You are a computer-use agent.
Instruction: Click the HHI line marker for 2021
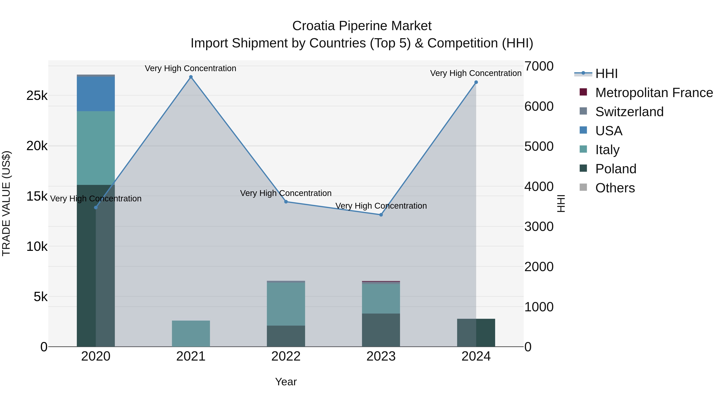tap(191, 77)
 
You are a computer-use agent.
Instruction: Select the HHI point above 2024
tap(476, 82)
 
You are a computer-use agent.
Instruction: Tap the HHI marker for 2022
tap(286, 202)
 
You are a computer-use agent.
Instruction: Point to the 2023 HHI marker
tap(381, 215)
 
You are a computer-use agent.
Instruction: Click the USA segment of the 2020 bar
tap(96, 94)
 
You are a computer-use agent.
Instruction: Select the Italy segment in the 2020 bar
tap(96, 148)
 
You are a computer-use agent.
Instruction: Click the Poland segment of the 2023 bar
tap(381, 330)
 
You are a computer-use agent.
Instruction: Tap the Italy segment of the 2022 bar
tap(286, 304)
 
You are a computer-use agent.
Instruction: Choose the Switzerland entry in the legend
tap(629, 112)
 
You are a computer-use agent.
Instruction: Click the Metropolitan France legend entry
tap(654, 93)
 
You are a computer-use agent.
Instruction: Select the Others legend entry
tap(615, 188)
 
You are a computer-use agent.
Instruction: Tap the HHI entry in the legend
tap(606, 74)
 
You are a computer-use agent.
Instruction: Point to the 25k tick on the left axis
tap(37, 96)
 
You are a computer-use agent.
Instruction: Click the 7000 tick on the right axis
tap(539, 66)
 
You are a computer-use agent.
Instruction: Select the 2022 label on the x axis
tap(286, 356)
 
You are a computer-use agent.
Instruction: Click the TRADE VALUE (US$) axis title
tap(6, 203)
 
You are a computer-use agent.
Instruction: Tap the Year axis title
tap(286, 382)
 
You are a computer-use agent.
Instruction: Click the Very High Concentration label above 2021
tap(191, 68)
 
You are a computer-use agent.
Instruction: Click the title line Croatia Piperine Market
tap(362, 26)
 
